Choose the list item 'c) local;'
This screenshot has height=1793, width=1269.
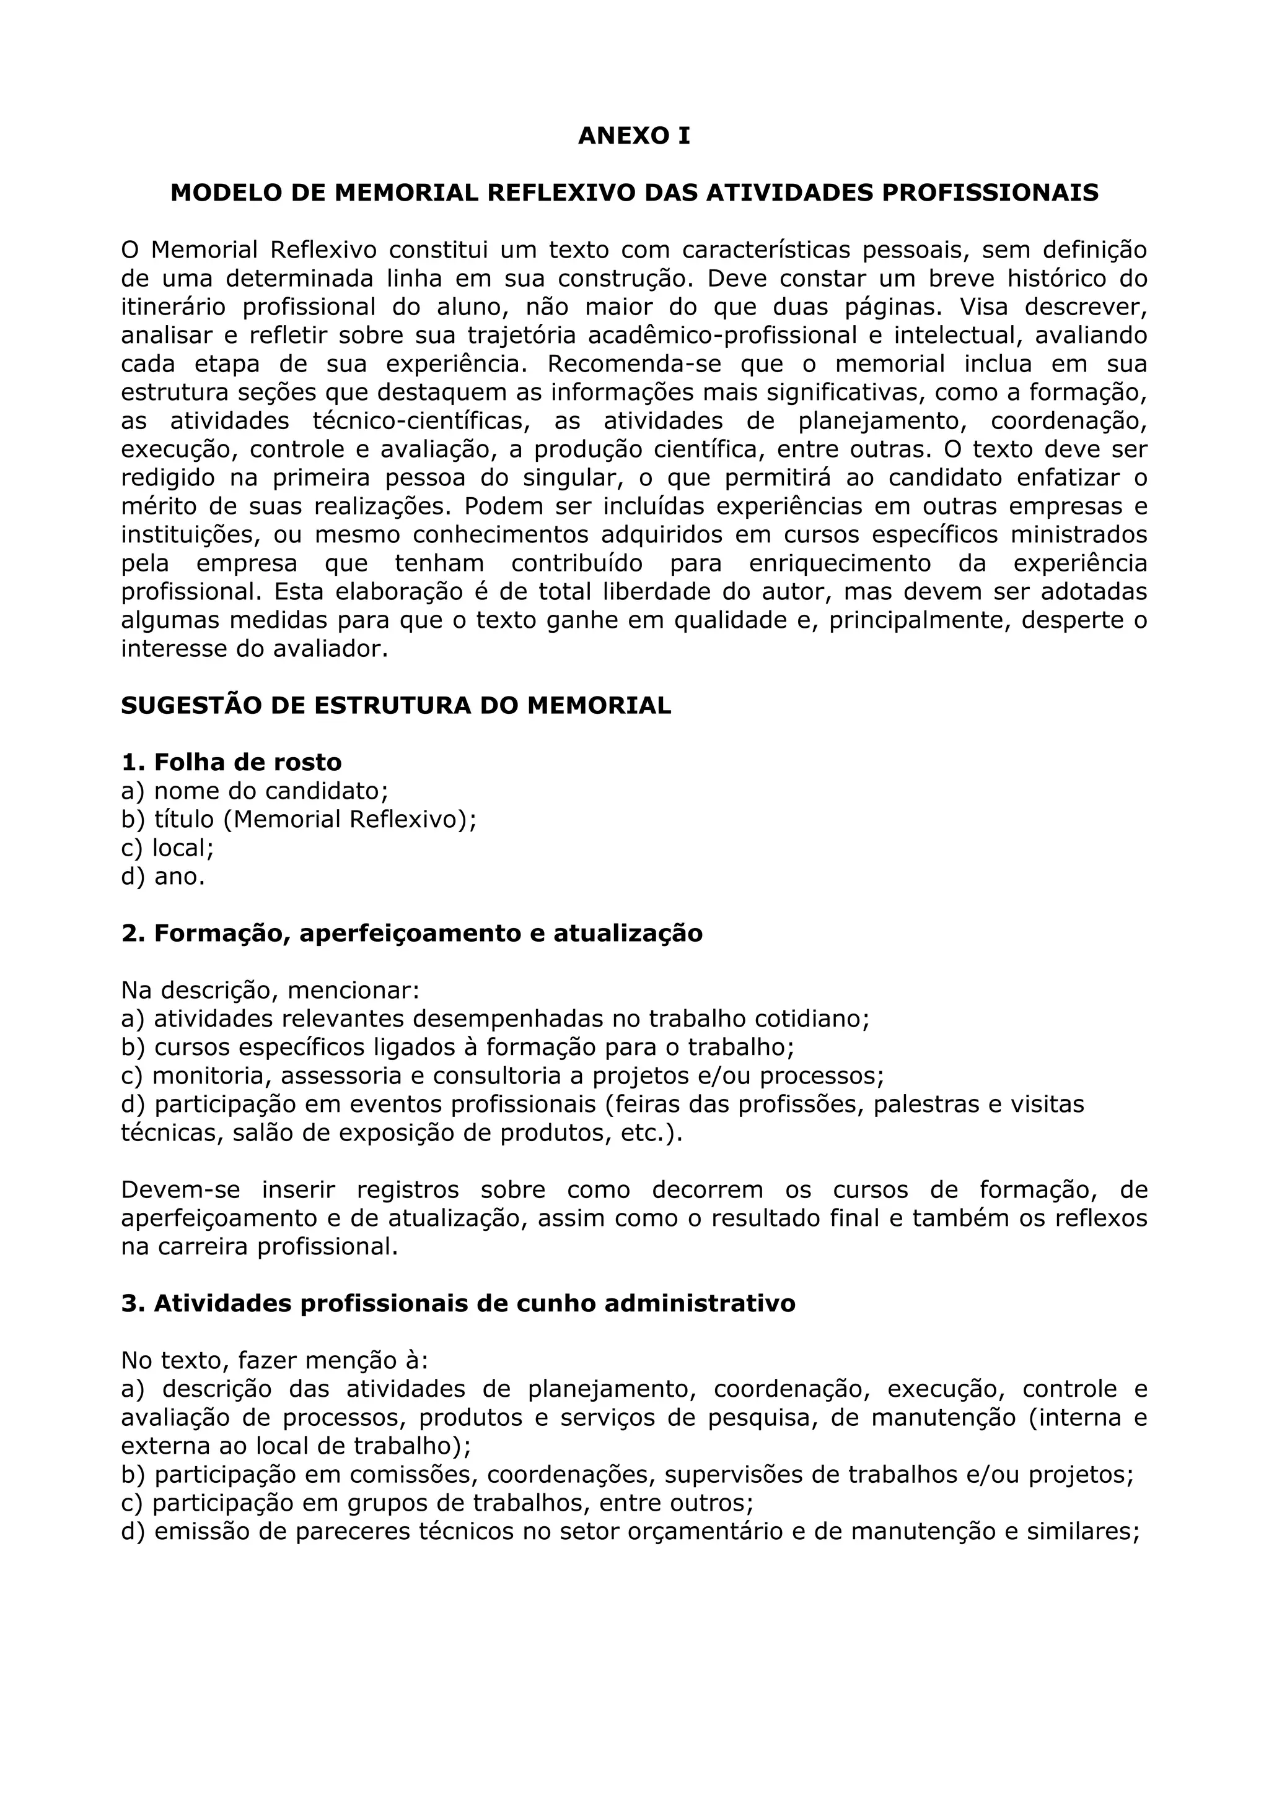[x=167, y=848]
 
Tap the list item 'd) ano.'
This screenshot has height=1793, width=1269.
[x=162, y=876]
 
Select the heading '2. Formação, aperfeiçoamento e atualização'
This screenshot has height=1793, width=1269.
[x=412, y=933]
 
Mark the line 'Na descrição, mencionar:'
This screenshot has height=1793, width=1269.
[x=270, y=990]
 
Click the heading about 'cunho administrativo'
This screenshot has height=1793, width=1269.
[x=458, y=1303]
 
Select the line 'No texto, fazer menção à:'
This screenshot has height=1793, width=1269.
[x=274, y=1360]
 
